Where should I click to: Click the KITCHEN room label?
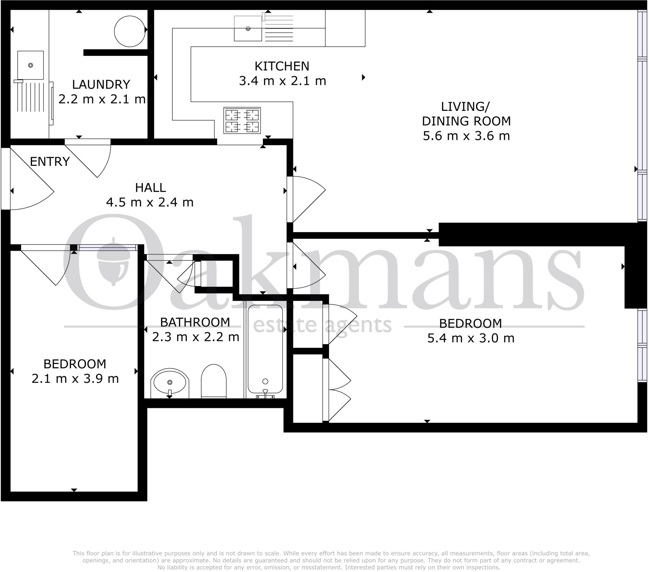tap(282, 66)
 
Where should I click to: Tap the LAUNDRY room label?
tap(101, 85)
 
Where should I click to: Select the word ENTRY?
tap(50, 162)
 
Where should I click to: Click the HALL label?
tap(151, 188)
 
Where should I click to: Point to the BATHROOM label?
tap(195, 322)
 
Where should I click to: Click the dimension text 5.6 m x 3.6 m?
tap(466, 136)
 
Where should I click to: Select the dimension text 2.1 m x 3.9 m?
tap(75, 379)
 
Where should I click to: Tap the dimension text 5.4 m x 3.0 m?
tap(471, 338)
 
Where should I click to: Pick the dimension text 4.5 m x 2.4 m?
tap(150, 202)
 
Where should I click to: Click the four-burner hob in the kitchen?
tap(242, 120)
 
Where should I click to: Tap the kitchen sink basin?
tap(248, 29)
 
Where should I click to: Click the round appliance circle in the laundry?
tap(130, 31)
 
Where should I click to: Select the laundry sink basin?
tap(30, 65)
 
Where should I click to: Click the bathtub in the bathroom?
tap(265, 349)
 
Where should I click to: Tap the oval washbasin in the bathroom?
tap(170, 383)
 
